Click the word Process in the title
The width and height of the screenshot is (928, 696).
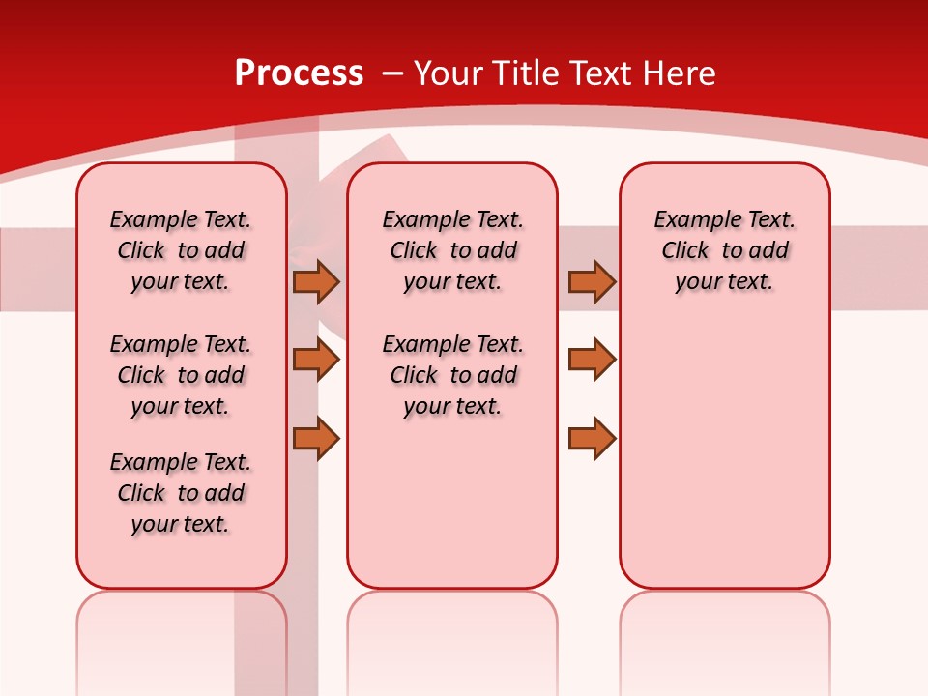click(x=299, y=73)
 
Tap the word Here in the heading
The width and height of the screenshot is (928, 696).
click(x=681, y=73)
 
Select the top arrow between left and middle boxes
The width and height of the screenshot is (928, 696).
click(x=316, y=282)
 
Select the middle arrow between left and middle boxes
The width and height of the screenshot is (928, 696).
click(x=316, y=360)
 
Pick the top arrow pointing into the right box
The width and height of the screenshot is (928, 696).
click(x=592, y=282)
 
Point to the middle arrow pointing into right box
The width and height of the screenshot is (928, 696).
click(x=592, y=360)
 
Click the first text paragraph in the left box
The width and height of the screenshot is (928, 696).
click(x=181, y=250)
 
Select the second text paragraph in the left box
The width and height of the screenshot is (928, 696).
click(x=181, y=375)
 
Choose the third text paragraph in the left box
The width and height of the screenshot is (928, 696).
click(x=181, y=493)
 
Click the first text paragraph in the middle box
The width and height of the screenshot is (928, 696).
click(x=452, y=250)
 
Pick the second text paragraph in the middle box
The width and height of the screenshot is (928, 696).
click(x=452, y=375)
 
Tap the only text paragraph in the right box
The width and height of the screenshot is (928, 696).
click(x=724, y=250)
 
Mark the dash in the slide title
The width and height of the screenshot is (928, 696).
click(x=391, y=73)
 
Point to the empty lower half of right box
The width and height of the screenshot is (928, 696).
click(x=724, y=454)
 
